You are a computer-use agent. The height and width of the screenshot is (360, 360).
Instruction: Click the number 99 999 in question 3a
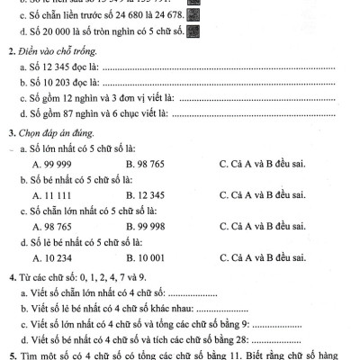[55, 165]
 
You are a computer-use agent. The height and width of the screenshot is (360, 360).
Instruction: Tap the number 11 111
[55, 194]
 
